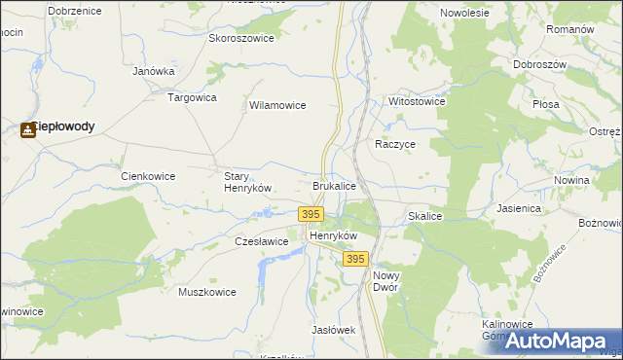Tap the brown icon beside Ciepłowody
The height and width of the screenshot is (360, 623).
(27, 128)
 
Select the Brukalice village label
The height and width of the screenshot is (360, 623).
(334, 185)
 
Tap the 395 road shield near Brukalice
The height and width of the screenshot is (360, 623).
(311, 213)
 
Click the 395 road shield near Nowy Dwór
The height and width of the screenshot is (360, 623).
(355, 259)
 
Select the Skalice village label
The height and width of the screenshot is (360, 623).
(425, 216)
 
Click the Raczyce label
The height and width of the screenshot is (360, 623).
(396, 143)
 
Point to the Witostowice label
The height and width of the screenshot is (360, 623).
(417, 101)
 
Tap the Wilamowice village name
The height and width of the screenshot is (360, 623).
(278, 105)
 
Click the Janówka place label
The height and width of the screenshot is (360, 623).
(153, 71)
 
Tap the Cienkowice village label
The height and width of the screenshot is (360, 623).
(147, 176)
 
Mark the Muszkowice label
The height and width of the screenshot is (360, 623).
(207, 291)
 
